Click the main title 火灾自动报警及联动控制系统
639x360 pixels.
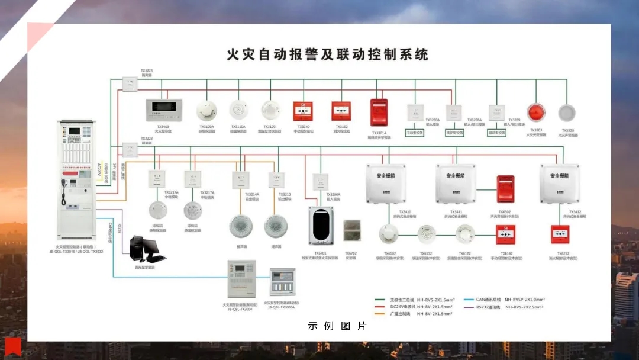coord(327,54)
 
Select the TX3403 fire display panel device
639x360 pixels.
coord(163,110)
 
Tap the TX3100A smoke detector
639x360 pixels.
coord(206,110)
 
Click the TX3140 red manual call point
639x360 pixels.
coord(303,111)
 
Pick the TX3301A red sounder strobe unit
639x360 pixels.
coord(379,112)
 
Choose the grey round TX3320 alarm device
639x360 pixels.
coord(567,113)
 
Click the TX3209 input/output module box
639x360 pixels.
coord(496,112)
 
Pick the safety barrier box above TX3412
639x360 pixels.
coord(559,183)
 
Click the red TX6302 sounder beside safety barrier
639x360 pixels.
coord(505,188)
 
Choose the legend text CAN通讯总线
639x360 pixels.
coord(488,300)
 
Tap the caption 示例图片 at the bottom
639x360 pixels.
coord(337,326)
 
